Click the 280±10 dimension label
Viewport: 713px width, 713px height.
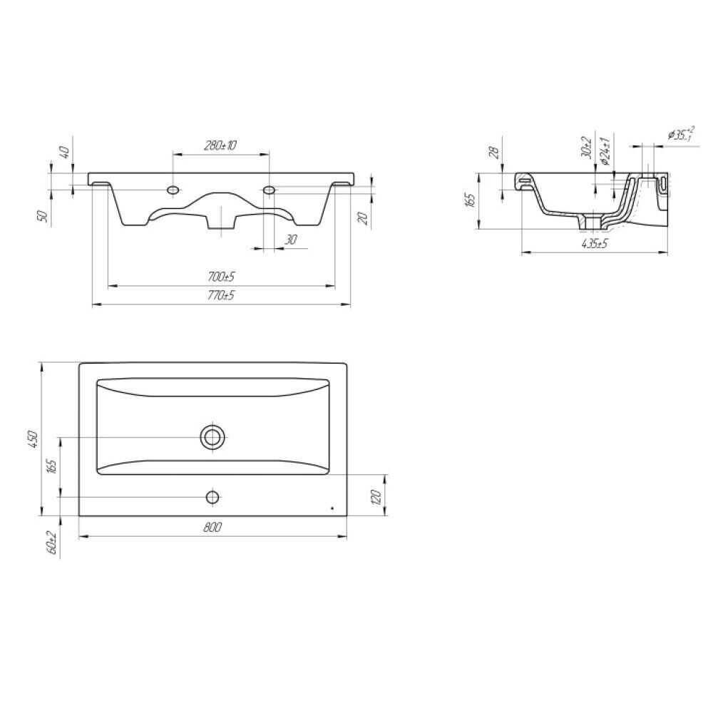point(220,145)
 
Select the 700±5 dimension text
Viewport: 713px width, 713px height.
point(221,277)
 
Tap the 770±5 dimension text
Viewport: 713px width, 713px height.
point(221,296)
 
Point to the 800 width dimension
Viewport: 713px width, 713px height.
point(212,527)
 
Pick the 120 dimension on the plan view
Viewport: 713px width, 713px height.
point(376,498)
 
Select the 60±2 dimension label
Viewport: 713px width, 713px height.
point(51,543)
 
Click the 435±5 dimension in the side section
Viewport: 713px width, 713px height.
point(595,244)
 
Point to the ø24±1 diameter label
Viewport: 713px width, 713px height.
point(605,150)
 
